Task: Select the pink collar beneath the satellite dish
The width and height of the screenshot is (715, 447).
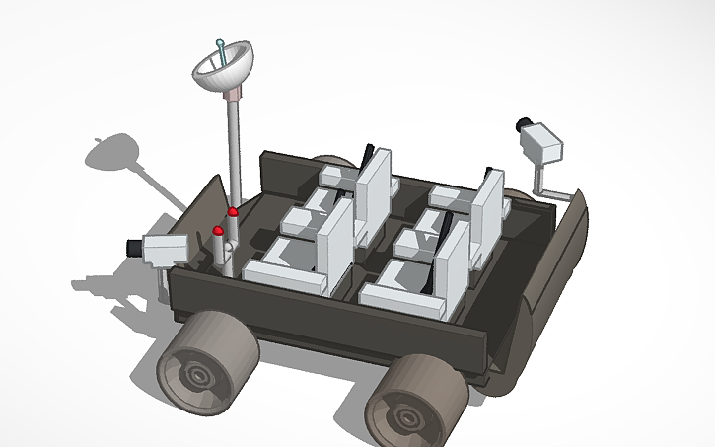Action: pos(235,94)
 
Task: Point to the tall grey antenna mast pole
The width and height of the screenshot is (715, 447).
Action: pos(235,148)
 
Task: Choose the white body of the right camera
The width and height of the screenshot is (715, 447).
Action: pos(545,144)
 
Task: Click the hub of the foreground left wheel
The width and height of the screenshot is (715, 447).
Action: pos(198,376)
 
